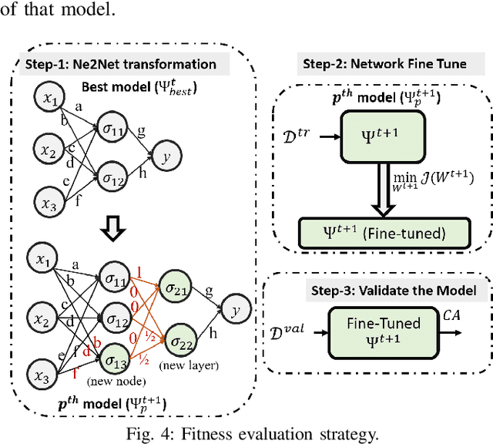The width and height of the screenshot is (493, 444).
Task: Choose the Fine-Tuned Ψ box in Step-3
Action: point(373,331)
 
